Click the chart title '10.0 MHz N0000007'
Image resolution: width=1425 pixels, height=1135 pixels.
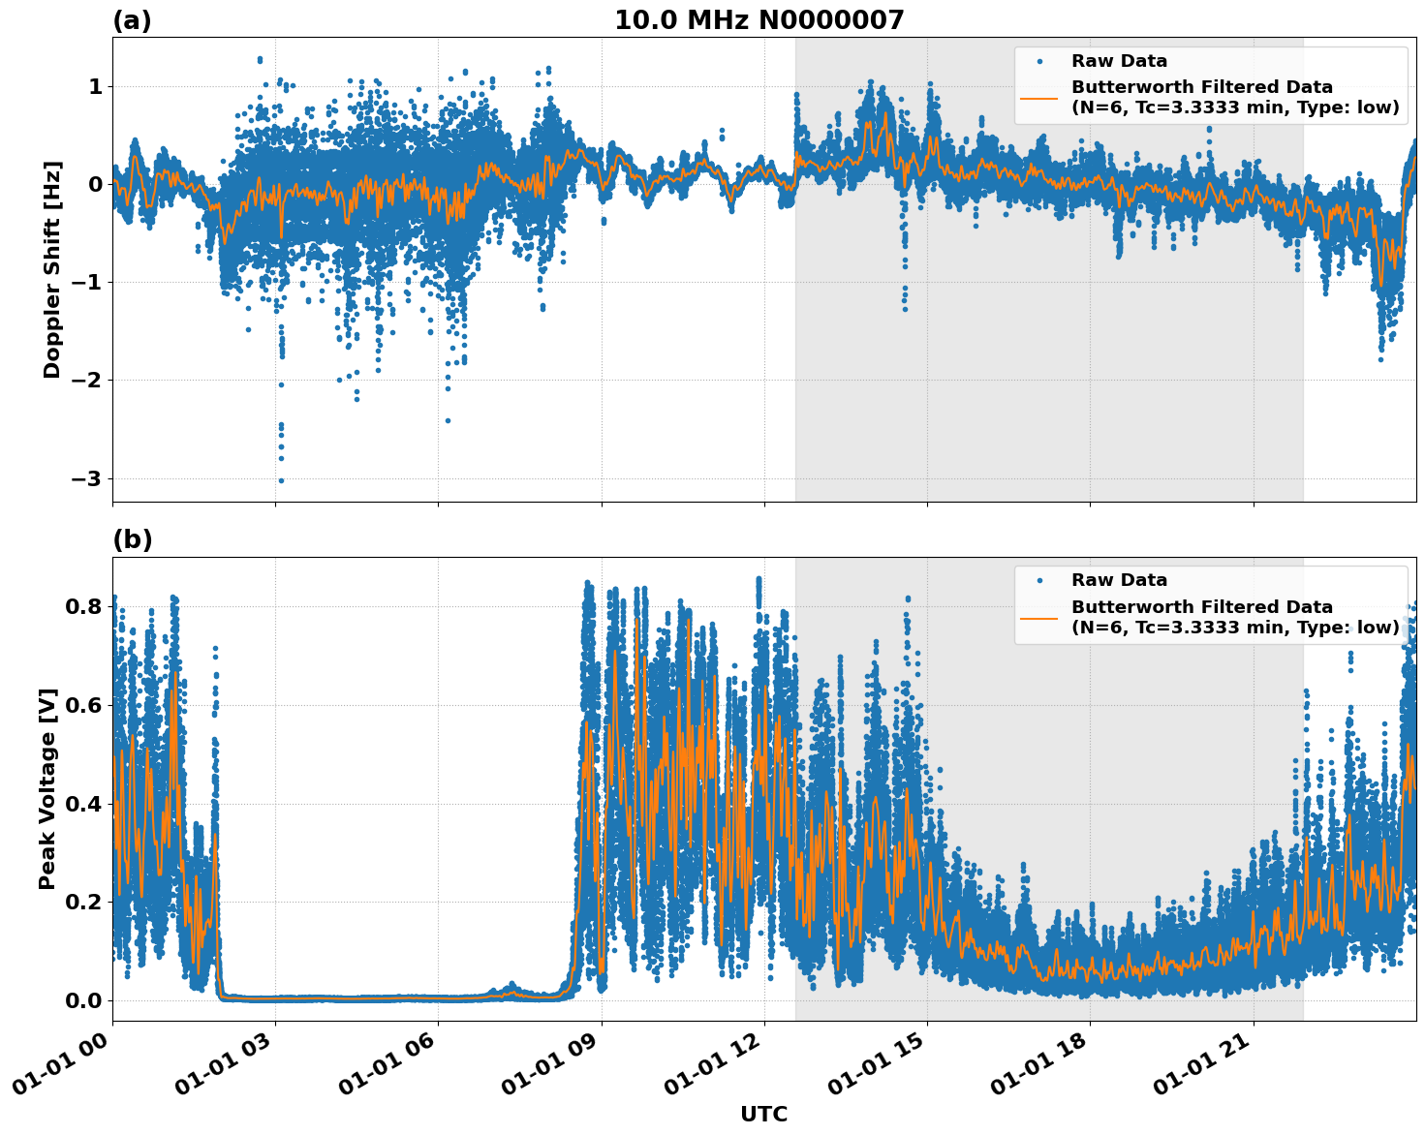(x=759, y=20)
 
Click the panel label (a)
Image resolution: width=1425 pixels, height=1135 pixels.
(x=132, y=20)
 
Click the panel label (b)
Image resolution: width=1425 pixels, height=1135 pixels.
(x=133, y=539)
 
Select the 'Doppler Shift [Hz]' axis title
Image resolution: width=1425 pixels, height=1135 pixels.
(x=52, y=269)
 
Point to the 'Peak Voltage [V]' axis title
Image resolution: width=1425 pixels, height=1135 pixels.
(x=47, y=788)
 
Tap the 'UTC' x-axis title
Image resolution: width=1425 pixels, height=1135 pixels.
(x=763, y=1115)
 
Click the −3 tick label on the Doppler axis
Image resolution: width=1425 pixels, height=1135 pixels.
(x=87, y=479)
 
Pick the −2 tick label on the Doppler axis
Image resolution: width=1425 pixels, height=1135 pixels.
(x=87, y=381)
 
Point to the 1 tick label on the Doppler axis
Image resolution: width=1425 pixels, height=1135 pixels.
(x=95, y=87)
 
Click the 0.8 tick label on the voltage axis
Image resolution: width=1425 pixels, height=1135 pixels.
(x=84, y=607)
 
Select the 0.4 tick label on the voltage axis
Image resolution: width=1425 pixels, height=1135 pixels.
(x=84, y=804)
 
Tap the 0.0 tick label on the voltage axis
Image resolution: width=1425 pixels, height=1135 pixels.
(x=84, y=1000)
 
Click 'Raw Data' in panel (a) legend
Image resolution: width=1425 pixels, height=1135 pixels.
(x=1119, y=61)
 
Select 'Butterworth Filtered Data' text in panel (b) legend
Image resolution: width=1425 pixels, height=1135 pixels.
(x=1201, y=607)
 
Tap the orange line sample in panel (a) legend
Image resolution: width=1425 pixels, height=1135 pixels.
(x=1039, y=98)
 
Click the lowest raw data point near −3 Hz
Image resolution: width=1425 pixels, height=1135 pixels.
(x=281, y=480)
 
